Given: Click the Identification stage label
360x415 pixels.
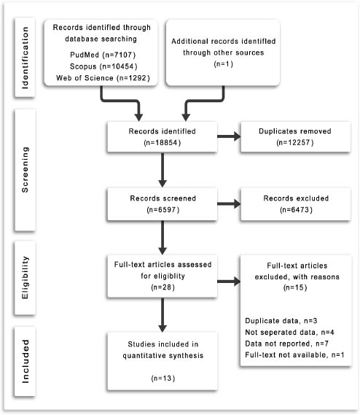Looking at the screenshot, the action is pos(25,58).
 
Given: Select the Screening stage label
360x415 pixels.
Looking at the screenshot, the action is pos(25,170).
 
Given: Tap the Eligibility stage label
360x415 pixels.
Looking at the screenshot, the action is pos(25,278).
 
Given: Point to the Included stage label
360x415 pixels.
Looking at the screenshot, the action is pos(25,361).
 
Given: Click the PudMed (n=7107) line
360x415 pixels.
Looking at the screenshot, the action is pos(103,55).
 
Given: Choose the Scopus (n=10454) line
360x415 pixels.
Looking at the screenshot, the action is pos(103,66).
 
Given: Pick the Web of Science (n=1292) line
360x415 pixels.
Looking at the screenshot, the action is pos(103,78).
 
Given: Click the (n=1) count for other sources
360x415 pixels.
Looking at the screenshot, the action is pos(223,64).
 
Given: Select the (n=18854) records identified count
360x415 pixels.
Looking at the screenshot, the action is pos(163,143).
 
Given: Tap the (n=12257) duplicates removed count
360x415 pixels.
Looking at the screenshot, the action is pos(295,143).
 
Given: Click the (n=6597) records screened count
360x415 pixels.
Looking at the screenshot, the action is pos(163,210).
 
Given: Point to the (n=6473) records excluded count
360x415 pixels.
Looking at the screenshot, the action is pos(296,210).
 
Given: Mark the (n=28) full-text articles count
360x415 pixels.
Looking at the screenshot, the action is pos(163,287).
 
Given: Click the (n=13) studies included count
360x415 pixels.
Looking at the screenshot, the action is pos(163,379).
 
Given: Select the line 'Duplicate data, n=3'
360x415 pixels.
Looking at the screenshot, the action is pos(281,321).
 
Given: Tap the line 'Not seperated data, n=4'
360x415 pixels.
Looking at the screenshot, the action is pos(289,332).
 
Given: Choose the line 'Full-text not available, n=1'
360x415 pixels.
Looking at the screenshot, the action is pos(294,354).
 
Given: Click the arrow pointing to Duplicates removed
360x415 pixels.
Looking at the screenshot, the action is pos(229,136).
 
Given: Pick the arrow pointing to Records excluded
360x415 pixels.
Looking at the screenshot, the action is pos(229,203).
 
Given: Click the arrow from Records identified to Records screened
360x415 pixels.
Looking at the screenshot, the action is pos(163,170).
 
